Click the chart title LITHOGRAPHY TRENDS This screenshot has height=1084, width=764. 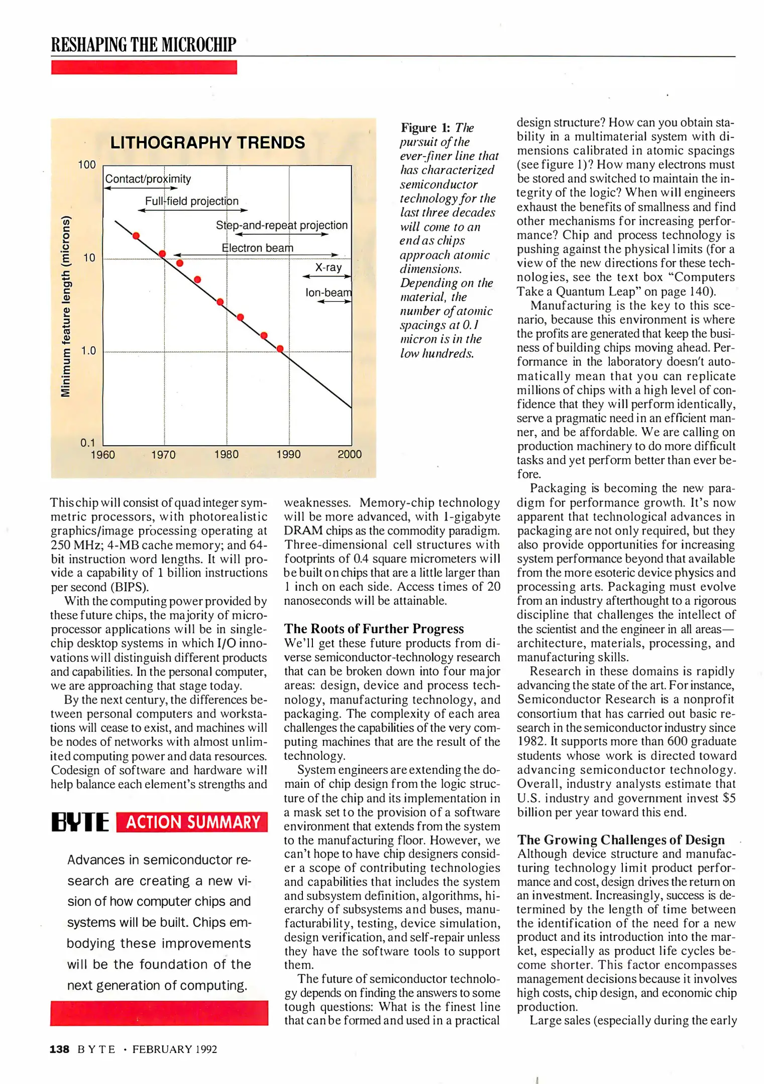click(207, 143)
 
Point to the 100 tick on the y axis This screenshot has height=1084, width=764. click(87, 165)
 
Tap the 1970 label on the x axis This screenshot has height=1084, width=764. click(164, 455)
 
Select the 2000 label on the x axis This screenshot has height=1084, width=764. click(350, 454)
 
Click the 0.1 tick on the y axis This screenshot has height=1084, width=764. click(88, 443)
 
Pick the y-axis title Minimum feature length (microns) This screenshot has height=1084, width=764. click(65, 306)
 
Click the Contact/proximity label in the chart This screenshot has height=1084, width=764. click(148, 179)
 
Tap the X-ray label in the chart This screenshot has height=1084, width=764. click(329, 267)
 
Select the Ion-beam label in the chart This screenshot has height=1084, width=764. click(329, 293)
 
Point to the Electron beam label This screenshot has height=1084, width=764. click(258, 248)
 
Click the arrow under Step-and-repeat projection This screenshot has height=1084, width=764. click(282, 234)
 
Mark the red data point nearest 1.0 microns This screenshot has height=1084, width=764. click(280, 349)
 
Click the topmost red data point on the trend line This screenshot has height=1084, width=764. click(136, 236)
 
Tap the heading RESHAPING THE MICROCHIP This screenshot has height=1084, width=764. click(144, 45)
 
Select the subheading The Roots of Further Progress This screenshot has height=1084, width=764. click(374, 629)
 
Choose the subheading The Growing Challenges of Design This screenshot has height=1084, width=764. click(621, 840)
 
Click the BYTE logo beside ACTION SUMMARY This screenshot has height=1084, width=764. click(80, 822)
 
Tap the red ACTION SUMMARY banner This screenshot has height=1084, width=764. click(192, 822)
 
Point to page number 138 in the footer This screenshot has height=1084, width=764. click(59, 1049)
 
